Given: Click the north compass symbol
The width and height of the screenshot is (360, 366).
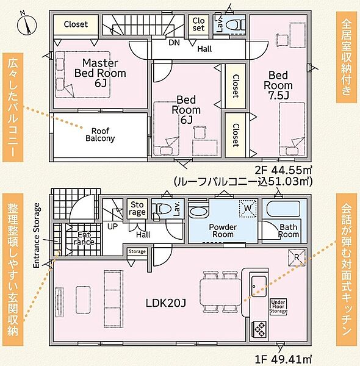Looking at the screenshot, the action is [x=27, y=24].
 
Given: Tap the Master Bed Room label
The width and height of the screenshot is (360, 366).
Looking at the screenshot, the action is [x=100, y=73].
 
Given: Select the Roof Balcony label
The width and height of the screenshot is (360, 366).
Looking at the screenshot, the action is [x=100, y=135].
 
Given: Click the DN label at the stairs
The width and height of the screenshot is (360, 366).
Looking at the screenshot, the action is [x=174, y=43].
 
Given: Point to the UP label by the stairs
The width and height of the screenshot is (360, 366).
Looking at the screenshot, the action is [x=112, y=226].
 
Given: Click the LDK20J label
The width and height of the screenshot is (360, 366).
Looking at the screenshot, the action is [x=166, y=303].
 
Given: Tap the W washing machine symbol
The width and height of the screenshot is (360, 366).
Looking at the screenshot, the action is [x=248, y=208].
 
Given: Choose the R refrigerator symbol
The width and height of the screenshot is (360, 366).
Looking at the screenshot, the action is [x=297, y=257].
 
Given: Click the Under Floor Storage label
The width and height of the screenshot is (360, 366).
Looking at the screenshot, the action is [x=278, y=306].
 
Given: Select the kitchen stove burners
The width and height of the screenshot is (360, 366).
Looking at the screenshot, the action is [x=260, y=330].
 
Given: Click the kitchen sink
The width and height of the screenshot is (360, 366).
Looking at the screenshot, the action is [x=259, y=286].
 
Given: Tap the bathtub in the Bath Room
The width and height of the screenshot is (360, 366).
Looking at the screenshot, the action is [x=284, y=209].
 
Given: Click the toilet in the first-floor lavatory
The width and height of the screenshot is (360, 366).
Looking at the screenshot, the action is [x=160, y=209].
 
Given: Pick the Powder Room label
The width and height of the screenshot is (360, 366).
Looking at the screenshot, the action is [x=223, y=231].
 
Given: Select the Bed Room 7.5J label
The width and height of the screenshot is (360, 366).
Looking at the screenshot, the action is [x=278, y=85].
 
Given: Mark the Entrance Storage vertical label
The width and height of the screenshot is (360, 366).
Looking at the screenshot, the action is [x=37, y=235].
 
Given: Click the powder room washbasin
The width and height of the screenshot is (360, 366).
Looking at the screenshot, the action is [x=198, y=212].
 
